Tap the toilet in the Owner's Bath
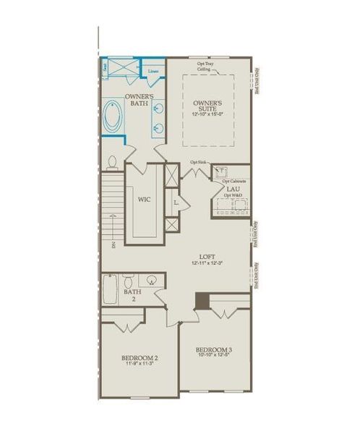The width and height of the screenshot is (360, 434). point(112,162)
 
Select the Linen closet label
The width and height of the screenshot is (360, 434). point(153,72)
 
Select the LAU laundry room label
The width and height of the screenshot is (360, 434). point(232,189)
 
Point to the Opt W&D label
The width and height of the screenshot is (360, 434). point(232,195)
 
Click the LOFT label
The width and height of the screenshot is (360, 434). point(207,257)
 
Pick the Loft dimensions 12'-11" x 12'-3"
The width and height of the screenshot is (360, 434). point(207,264)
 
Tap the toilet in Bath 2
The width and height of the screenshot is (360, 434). point(127,280)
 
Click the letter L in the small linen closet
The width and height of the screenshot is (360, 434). point(176,204)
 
